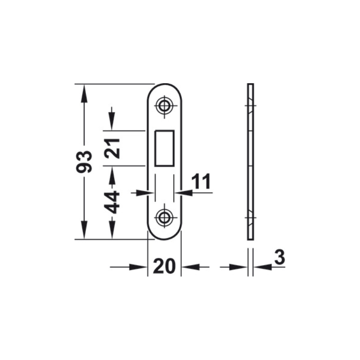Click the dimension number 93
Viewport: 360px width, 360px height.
pos(84,162)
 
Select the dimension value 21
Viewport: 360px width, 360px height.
pos(112,148)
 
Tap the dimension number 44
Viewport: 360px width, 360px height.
pos(112,202)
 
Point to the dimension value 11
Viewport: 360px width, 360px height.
pos(201,181)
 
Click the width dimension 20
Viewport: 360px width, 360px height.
pos(164,266)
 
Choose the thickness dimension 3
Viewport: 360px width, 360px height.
pos(279,256)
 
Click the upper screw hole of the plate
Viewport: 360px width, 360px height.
pos(164,106)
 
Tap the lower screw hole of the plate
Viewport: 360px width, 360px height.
pos(164,217)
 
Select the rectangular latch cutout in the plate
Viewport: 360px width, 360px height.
pos(164,148)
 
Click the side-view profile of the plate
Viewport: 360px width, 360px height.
pos(251,162)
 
